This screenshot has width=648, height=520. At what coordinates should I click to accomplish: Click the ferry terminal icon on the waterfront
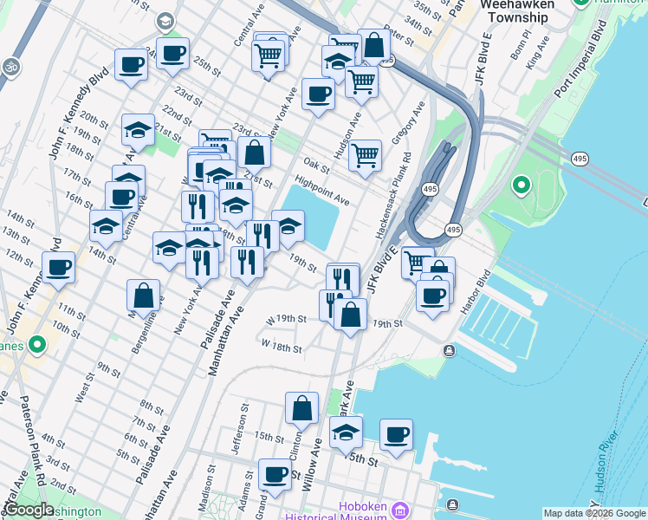449,350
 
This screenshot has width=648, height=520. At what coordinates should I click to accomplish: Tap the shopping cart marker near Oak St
366,156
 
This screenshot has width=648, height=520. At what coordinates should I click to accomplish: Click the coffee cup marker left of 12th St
59,267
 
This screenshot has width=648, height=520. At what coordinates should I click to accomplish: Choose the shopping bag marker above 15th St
301,409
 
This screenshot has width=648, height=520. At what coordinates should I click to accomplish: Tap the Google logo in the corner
28,510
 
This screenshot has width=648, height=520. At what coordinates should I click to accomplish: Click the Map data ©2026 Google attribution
594,513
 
